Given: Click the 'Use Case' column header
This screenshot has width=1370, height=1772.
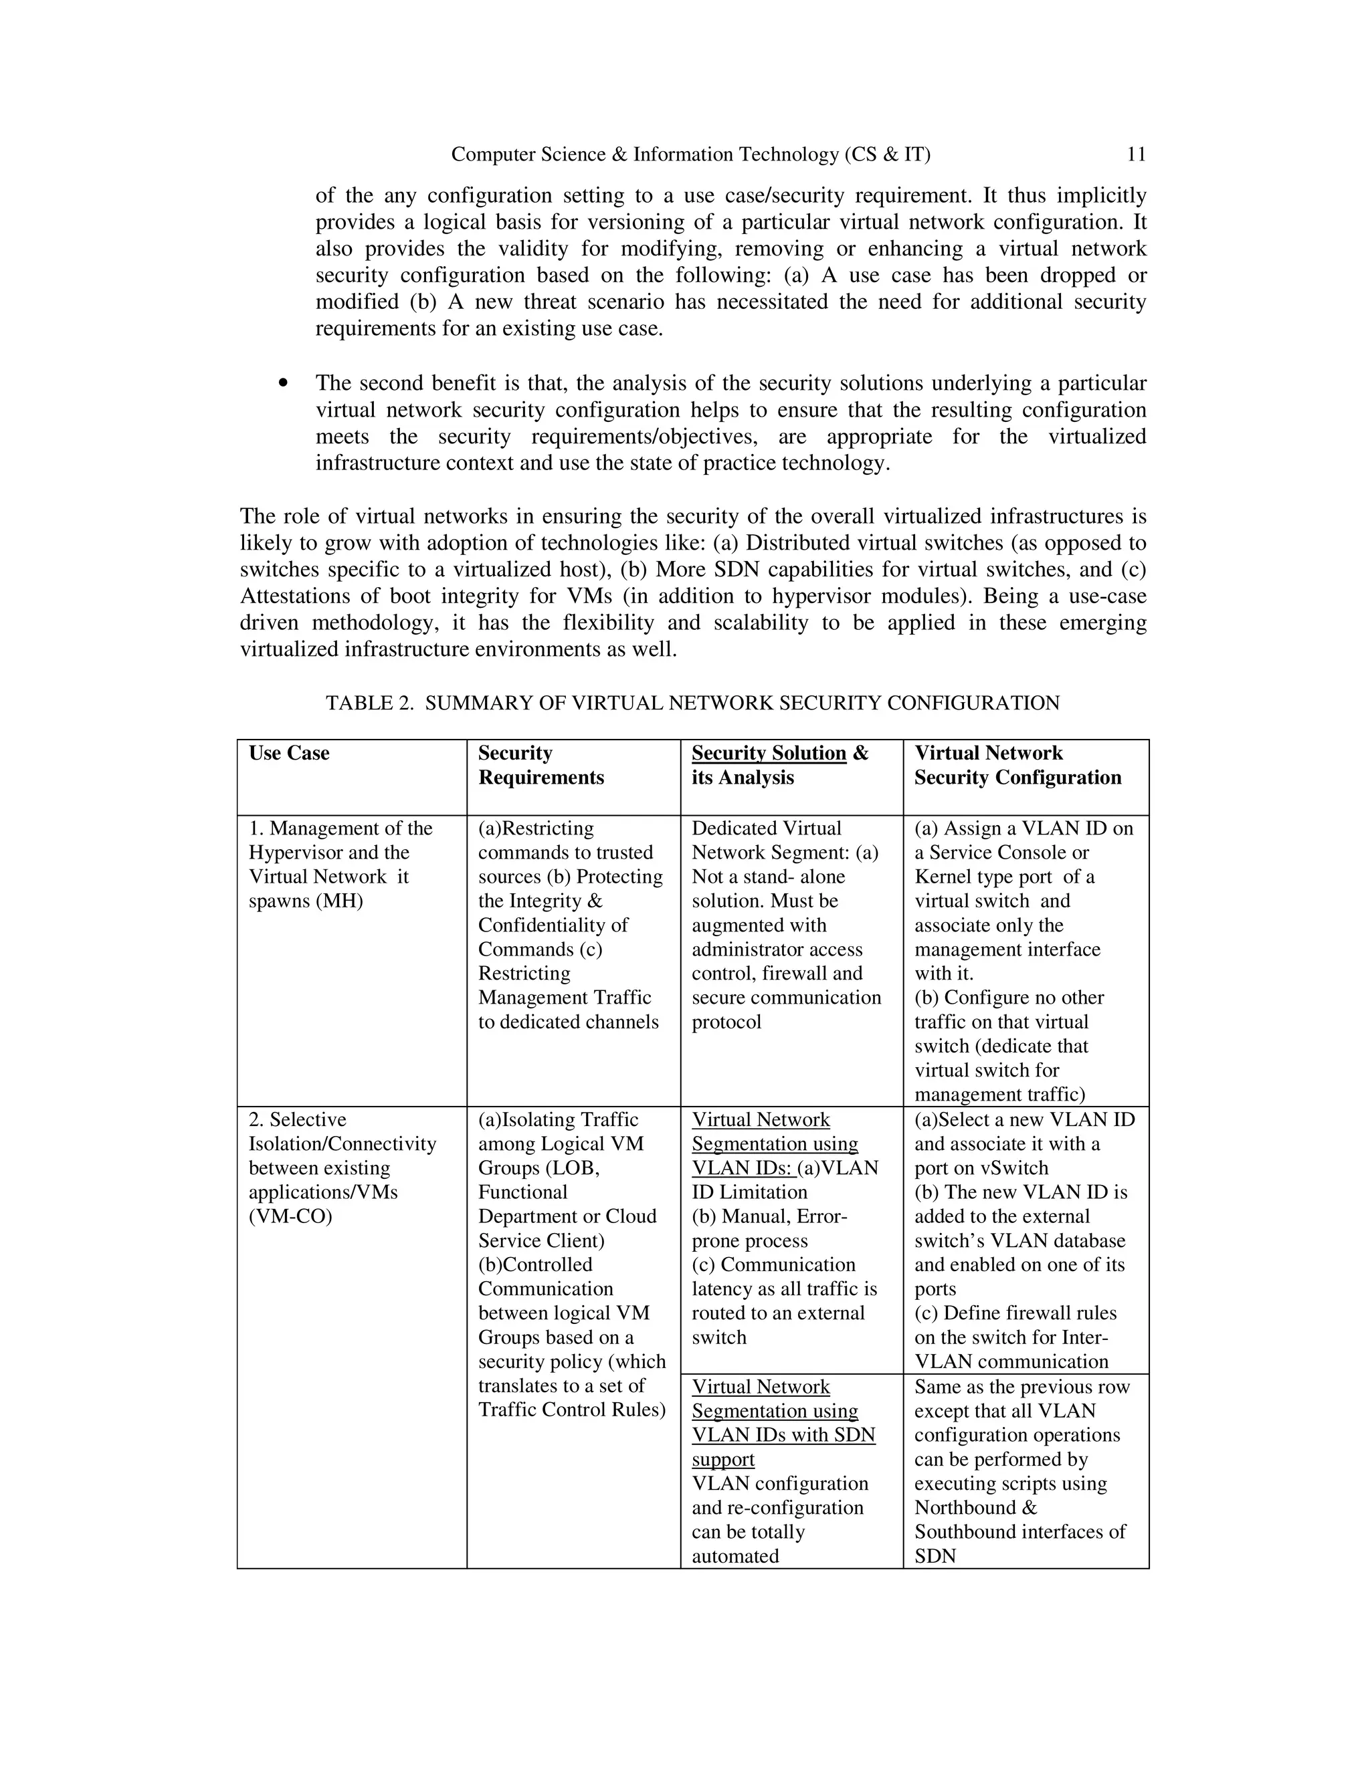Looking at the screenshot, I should [289, 753].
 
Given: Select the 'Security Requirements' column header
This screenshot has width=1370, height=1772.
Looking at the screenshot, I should [541, 765].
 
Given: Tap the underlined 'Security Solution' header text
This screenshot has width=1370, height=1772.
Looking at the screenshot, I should [768, 753].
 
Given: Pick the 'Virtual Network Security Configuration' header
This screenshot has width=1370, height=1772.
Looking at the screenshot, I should [1017, 765].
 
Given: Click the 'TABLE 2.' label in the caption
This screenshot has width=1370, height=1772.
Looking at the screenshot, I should [370, 703].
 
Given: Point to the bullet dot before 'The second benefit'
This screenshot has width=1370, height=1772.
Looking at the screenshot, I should [282, 383].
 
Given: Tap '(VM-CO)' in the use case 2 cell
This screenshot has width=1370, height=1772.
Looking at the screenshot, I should [290, 1216].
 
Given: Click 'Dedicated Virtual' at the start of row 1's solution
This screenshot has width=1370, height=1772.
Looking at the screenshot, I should [766, 828].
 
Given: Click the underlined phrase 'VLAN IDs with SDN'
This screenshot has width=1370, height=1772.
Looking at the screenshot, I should [783, 1434].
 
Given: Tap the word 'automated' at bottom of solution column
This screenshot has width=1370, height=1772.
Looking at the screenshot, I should [735, 1556].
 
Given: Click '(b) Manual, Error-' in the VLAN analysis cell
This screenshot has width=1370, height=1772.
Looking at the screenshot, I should [769, 1216].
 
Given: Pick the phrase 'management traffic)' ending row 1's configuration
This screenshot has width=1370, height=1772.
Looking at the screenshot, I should [999, 1095].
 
